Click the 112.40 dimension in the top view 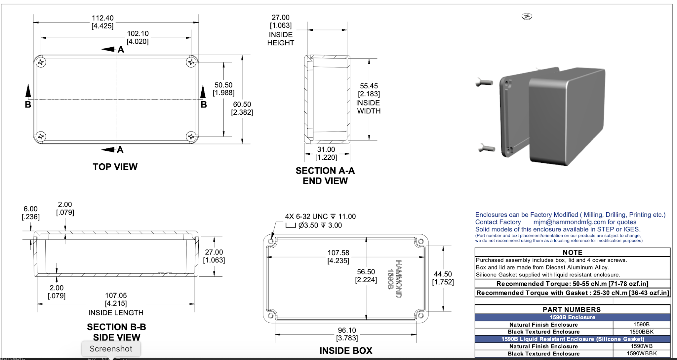click(x=102, y=18)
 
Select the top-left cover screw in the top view click(x=41, y=62)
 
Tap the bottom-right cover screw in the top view click(x=191, y=136)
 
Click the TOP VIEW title click(x=115, y=167)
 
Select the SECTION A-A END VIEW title click(x=325, y=176)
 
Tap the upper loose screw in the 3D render click(x=485, y=82)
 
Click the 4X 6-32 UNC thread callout click(x=320, y=217)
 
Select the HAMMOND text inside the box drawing click(x=399, y=279)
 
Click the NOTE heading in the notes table click(x=572, y=252)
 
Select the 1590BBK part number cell click(x=641, y=332)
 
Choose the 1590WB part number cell click(x=641, y=346)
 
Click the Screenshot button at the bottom click(x=111, y=349)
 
